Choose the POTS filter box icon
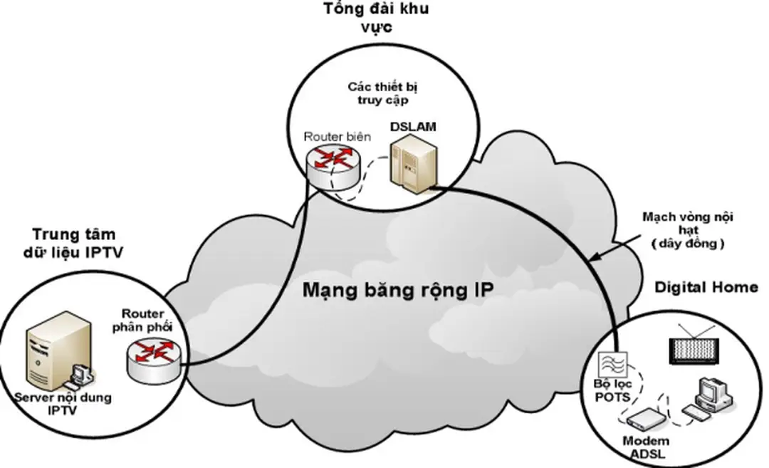[x=613, y=365]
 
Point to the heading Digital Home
[x=706, y=287]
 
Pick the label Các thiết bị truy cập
[x=383, y=93]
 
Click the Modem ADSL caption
[x=645, y=447]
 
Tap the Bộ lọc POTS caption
[x=612, y=390]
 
